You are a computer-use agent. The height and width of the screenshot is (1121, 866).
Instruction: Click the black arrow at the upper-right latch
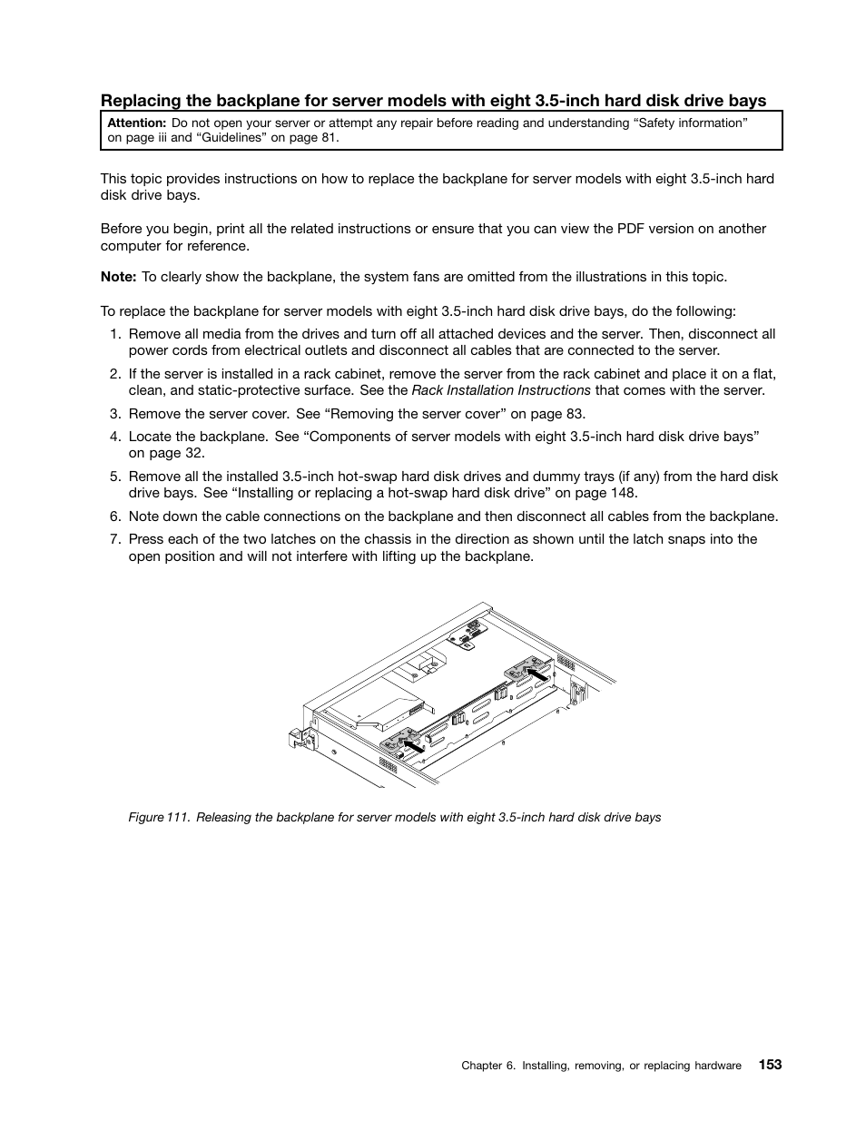537,675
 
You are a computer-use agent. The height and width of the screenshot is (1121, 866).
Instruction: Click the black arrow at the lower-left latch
413,744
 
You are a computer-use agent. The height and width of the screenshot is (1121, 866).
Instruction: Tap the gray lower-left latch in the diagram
397,739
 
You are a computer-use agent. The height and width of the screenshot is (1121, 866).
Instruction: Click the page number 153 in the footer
770,1065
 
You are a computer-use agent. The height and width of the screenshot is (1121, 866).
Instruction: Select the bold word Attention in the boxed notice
136,123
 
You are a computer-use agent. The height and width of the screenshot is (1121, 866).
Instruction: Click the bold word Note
118,277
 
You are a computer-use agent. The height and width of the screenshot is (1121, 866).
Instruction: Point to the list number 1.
115,333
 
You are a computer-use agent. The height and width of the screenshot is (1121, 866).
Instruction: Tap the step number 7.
115,538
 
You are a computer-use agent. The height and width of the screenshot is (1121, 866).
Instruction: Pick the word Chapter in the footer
481,1066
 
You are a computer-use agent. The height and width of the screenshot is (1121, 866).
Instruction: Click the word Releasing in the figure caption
223,817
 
